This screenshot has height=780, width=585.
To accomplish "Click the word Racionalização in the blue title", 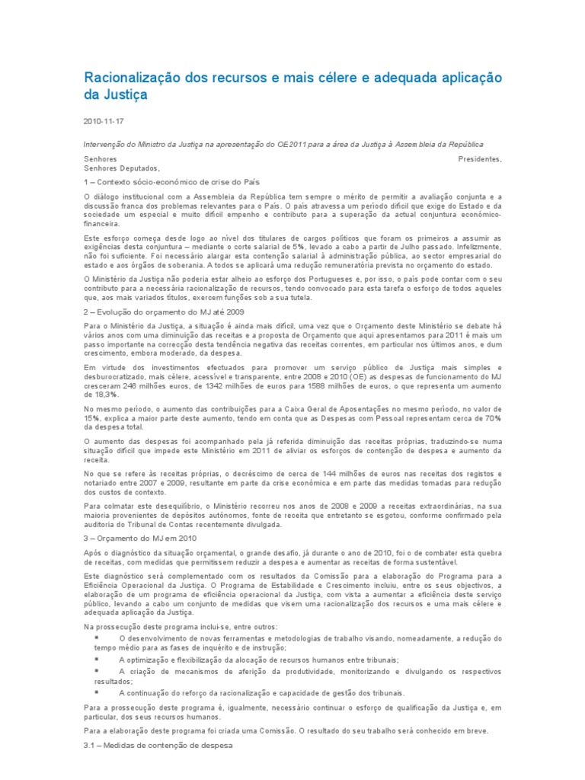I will (136, 78).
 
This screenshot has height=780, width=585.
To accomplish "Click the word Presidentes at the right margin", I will (480, 159).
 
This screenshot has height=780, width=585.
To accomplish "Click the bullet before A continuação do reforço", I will (97, 692).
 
